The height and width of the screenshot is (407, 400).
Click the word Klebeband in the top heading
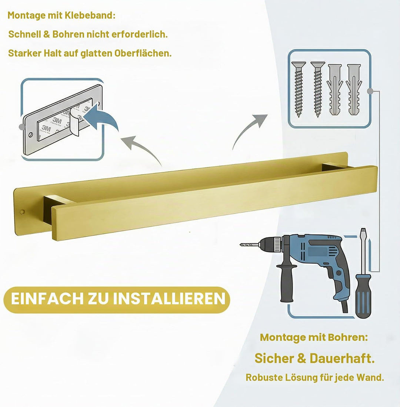pos(90,15)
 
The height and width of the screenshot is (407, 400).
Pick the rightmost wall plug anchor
pos(354,90)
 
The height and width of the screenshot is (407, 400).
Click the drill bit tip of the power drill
pos(241,245)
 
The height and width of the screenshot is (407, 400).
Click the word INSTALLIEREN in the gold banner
pos(169,299)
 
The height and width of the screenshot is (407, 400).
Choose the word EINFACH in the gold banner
pos(47,299)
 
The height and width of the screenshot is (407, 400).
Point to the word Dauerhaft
pos(342,358)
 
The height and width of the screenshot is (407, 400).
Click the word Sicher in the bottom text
pos(274,358)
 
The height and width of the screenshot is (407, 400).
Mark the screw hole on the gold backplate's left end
pos(22,212)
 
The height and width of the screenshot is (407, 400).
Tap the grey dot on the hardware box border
pos(370,91)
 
